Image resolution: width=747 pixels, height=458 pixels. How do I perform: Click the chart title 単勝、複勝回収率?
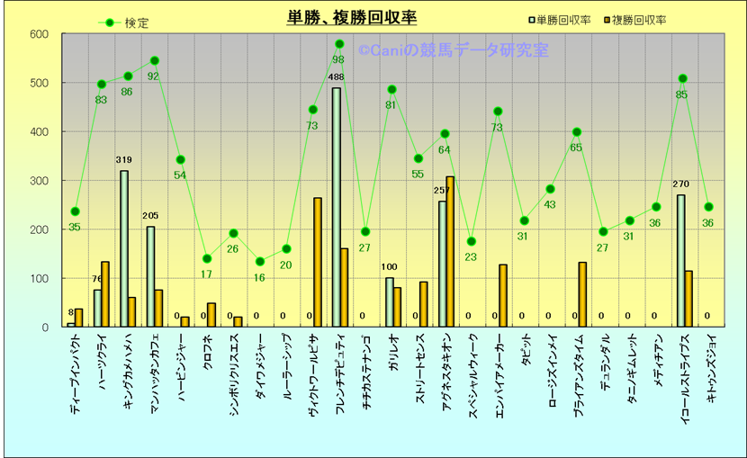352,18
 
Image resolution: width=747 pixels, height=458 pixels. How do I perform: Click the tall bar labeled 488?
336,207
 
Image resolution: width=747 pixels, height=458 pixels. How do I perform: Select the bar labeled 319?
124,248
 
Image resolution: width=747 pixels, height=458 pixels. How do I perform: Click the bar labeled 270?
680,261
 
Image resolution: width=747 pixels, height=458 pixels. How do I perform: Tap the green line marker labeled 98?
339,43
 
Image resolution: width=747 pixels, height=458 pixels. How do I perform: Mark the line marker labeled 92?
154,61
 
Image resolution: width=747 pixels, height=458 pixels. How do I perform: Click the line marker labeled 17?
206,259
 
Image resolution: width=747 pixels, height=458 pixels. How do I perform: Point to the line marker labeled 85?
682,78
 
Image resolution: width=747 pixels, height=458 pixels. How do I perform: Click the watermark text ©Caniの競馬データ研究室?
453,51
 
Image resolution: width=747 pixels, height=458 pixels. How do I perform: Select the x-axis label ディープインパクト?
73,377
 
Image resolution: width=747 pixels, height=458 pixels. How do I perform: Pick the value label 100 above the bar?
390,267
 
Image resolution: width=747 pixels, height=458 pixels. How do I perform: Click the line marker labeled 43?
550,189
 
